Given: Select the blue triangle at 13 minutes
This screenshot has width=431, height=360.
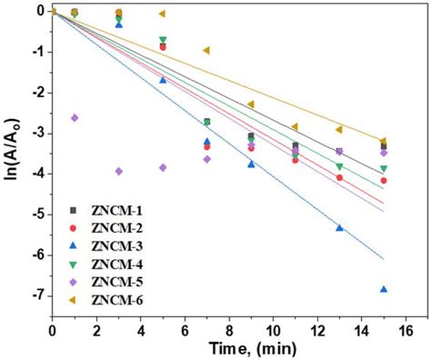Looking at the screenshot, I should (x=339, y=228).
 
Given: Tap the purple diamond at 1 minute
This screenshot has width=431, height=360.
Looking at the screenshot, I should (x=75, y=117).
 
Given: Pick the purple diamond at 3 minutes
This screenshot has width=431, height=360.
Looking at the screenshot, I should (x=118, y=171).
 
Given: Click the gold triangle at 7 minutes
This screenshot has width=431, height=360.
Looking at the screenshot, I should (x=206, y=50).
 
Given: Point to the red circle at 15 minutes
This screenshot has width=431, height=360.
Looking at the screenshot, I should (x=384, y=181).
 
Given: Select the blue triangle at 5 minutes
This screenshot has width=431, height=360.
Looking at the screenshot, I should (x=163, y=80).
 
